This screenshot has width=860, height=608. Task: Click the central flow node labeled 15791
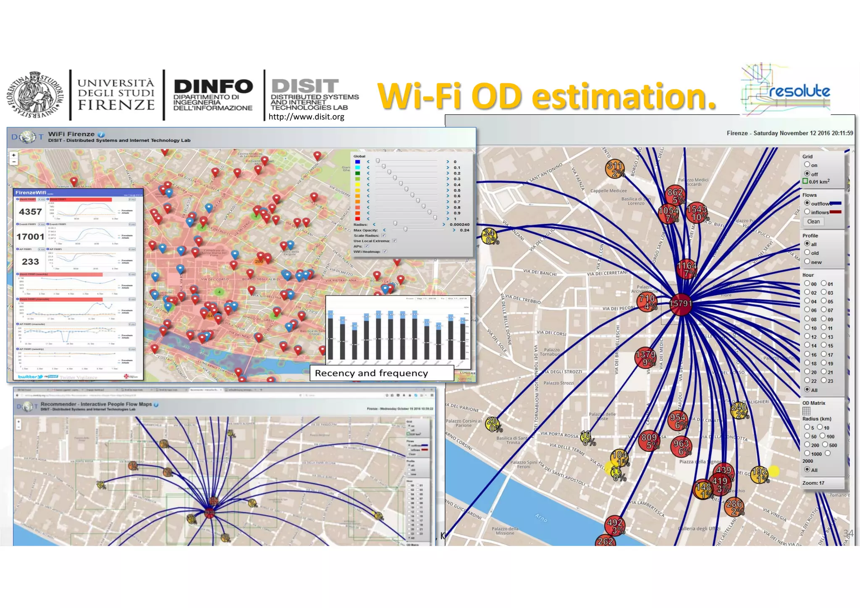(681, 304)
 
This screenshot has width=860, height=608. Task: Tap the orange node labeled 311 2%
(615, 169)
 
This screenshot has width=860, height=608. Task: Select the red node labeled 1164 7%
(687, 269)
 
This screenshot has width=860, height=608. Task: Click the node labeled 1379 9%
(645, 357)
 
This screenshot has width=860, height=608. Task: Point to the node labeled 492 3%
(615, 526)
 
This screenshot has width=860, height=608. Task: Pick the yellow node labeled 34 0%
(489, 236)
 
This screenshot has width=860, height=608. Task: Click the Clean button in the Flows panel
(813, 222)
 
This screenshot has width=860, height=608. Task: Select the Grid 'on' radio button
(807, 165)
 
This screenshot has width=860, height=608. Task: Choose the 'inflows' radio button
(807, 212)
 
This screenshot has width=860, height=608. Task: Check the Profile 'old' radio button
(807, 253)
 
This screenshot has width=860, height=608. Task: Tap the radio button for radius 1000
(807, 453)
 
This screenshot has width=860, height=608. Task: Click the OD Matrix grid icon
(806, 411)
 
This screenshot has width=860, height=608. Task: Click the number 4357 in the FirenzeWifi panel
(31, 212)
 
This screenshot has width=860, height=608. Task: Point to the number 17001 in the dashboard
(30, 237)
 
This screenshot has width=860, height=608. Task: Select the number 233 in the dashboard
(30, 262)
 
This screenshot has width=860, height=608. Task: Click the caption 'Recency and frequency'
(371, 373)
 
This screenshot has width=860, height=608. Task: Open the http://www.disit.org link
(306, 117)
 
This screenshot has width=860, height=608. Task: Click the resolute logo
(786, 90)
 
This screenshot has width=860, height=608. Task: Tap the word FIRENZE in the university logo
(116, 105)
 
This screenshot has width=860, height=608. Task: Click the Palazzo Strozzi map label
(558, 383)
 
